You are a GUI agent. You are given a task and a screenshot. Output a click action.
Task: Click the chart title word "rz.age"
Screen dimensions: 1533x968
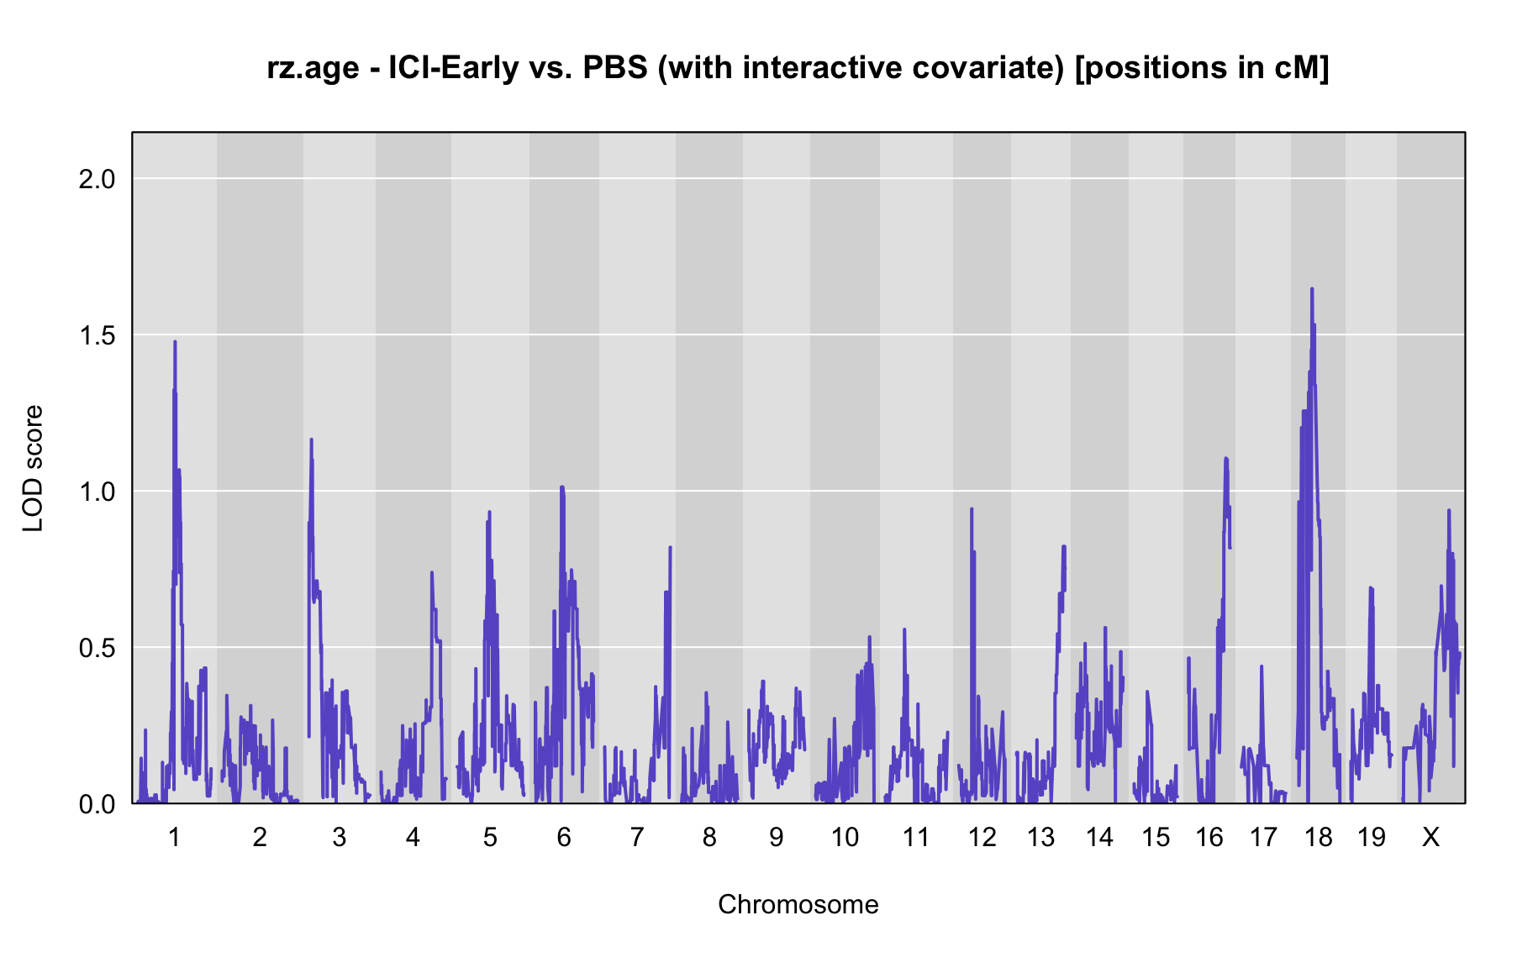(313, 68)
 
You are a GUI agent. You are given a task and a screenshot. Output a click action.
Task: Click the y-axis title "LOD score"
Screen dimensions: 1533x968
(34, 468)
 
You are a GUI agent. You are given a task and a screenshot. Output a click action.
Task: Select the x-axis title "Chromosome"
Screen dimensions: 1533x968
(798, 904)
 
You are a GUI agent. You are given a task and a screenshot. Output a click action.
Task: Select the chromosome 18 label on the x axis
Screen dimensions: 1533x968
(1319, 837)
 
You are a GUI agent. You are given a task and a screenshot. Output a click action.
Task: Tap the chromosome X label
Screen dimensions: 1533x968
(1430, 837)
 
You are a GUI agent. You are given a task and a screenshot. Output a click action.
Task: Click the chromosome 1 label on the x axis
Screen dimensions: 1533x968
(175, 837)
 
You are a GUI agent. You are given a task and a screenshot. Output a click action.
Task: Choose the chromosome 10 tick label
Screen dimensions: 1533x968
(846, 837)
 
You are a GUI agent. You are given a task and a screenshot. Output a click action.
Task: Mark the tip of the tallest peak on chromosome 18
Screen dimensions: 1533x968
(1311, 289)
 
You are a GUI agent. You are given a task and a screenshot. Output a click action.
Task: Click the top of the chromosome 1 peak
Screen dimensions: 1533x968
(175, 341)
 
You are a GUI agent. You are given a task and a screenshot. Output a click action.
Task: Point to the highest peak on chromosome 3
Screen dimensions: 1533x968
(311, 439)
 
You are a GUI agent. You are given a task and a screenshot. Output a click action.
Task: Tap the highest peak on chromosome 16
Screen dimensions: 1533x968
(1226, 458)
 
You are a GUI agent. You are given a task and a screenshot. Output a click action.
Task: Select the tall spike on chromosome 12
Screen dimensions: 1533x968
(972, 508)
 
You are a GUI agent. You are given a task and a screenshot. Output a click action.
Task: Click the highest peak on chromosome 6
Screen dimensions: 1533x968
(561, 487)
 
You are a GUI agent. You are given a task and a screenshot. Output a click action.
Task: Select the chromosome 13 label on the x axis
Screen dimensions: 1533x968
(1041, 837)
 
